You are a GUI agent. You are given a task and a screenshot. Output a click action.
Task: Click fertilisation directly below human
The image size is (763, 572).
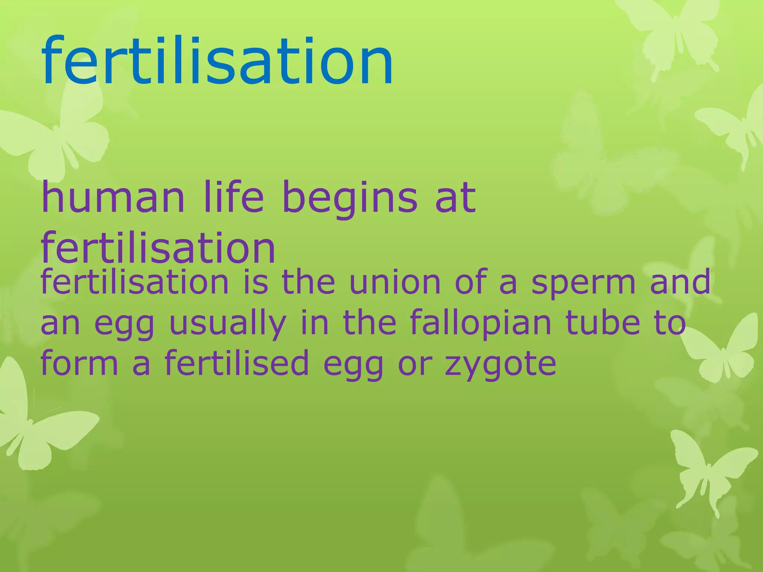(x=158, y=248)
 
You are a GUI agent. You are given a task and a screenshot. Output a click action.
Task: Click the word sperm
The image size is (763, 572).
(x=583, y=285)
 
